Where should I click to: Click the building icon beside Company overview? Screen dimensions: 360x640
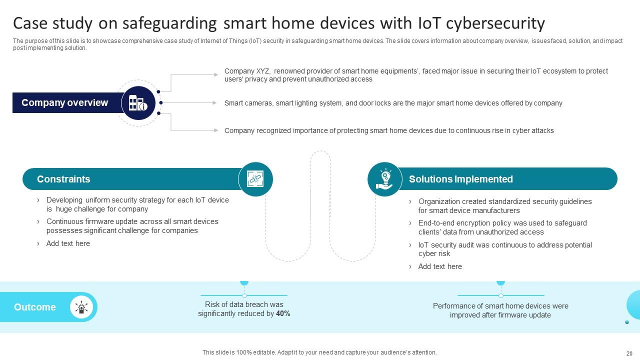click(138, 103)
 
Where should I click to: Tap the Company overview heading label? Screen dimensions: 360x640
click(64, 103)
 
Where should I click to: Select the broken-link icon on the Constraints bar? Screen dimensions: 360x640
click(255, 179)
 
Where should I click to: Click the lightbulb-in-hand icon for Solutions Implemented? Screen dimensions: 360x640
click(384, 179)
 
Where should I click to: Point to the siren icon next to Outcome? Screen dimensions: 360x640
click(81, 307)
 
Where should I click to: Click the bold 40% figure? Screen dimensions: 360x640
click(283, 314)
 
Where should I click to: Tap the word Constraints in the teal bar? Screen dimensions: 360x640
click(63, 179)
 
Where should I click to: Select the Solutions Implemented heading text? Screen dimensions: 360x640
click(460, 179)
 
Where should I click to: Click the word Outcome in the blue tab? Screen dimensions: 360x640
click(35, 307)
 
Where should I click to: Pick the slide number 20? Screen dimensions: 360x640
click(629, 352)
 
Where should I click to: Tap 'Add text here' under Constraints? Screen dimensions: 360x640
click(68, 243)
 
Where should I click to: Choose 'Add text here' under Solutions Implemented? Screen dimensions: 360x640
click(440, 266)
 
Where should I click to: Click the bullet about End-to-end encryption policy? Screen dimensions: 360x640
click(502, 227)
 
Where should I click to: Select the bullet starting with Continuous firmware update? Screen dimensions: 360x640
click(132, 226)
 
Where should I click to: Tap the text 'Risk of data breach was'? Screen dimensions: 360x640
click(244, 304)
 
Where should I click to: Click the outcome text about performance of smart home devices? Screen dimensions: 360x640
click(500, 310)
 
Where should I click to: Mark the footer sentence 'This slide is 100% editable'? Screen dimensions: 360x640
click(319, 352)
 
